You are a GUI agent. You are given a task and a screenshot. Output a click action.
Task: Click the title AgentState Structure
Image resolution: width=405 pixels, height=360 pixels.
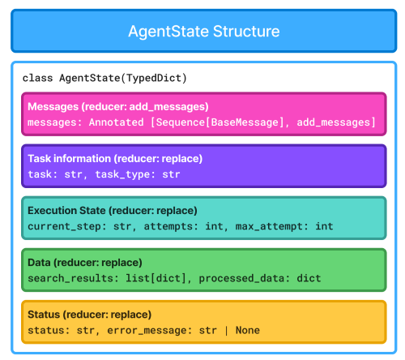[x=203, y=32]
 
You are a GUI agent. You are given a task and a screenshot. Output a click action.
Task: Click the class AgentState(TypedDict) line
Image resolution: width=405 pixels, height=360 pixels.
[x=104, y=78]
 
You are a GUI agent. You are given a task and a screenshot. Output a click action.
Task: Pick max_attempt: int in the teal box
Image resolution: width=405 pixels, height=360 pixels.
[x=283, y=225]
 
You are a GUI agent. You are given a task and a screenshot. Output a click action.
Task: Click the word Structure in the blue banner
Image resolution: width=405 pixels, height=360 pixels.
[x=243, y=32]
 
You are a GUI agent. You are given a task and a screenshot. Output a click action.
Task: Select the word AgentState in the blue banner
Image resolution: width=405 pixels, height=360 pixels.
[x=165, y=32]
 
